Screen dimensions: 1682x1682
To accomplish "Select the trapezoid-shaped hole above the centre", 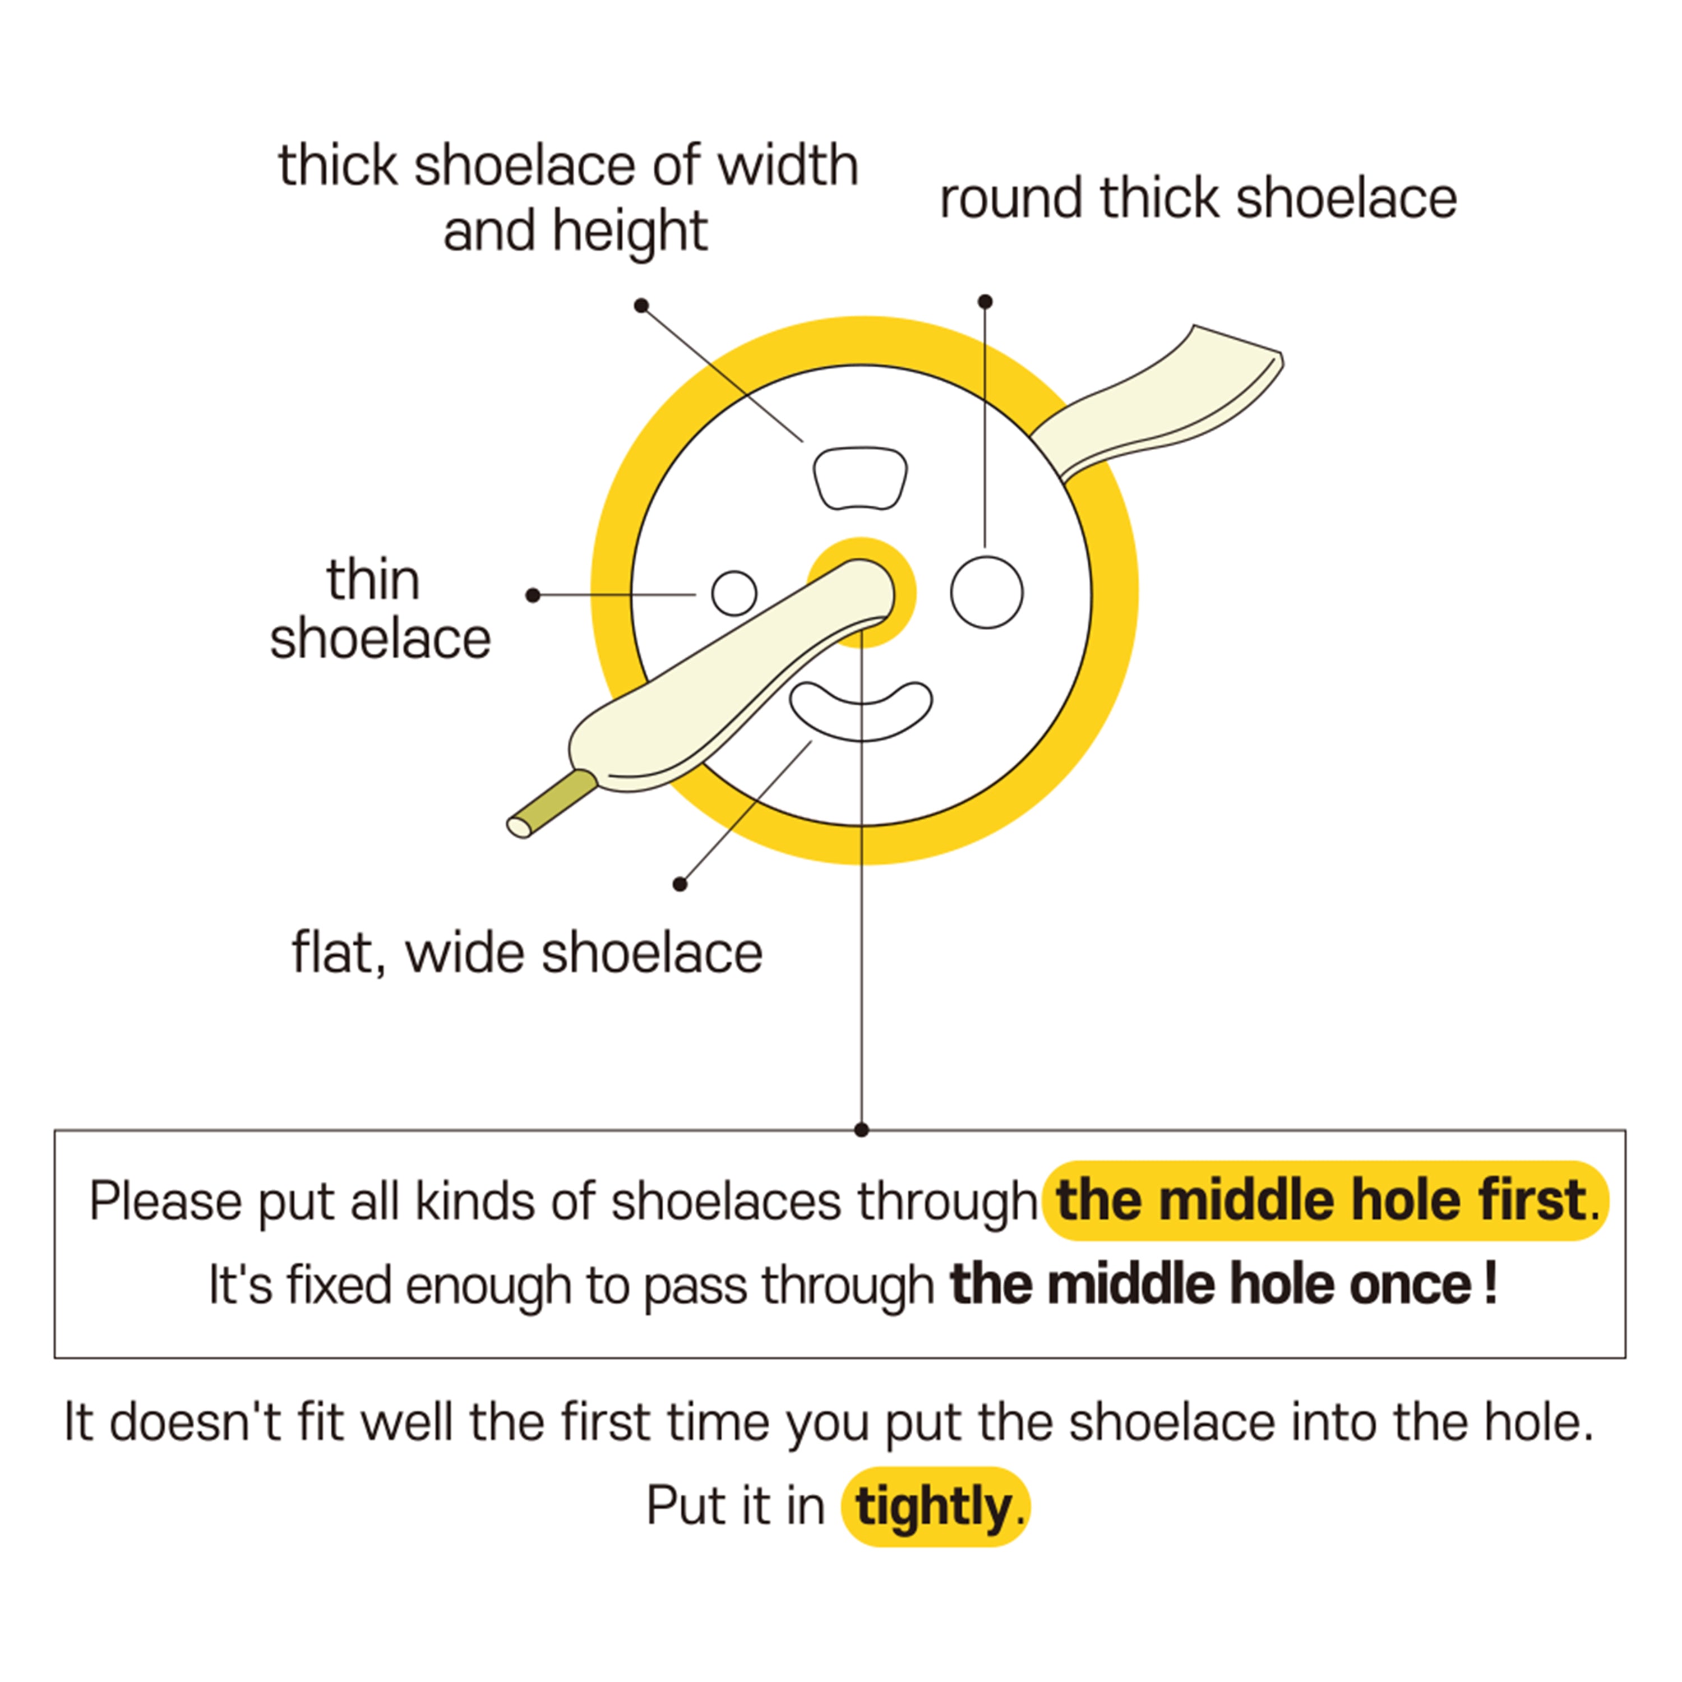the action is coord(860,477).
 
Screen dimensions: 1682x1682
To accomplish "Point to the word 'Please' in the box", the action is coord(165,1202).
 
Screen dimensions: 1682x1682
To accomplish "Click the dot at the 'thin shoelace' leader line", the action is coord(533,595).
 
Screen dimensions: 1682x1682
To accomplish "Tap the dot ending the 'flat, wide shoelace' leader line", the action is coord(680,885).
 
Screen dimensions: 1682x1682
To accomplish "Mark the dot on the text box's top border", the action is coord(861,1130).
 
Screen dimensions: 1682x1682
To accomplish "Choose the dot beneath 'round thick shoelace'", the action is coord(985,301).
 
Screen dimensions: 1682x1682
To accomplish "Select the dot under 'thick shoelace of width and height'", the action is coord(641,306).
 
